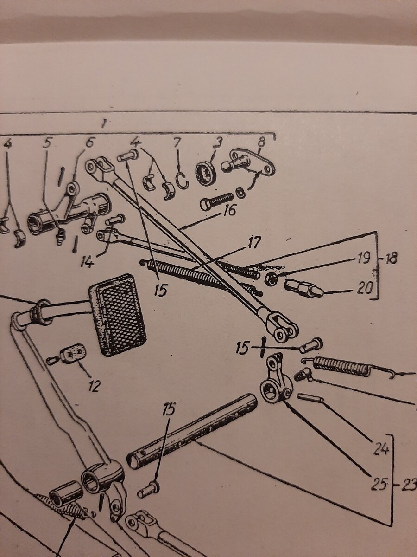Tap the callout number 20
tap(366, 289)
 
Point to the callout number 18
tap(391, 259)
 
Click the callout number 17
tap(254, 243)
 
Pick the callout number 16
tap(228, 210)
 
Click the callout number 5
tap(47, 143)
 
